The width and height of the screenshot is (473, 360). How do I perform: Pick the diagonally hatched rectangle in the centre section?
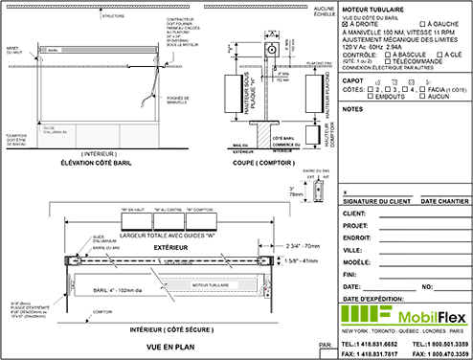click(x=262, y=134)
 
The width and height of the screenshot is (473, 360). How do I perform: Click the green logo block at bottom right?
click(x=368, y=315)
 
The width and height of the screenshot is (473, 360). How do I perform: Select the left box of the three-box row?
click(x=136, y=221)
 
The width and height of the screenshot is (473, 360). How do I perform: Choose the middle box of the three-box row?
click(x=169, y=221)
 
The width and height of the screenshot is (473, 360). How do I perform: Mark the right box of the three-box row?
click(x=201, y=221)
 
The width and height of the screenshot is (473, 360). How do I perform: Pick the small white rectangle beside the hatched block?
click(x=312, y=134)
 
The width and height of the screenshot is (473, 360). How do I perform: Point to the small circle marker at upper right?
click(x=345, y=23)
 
